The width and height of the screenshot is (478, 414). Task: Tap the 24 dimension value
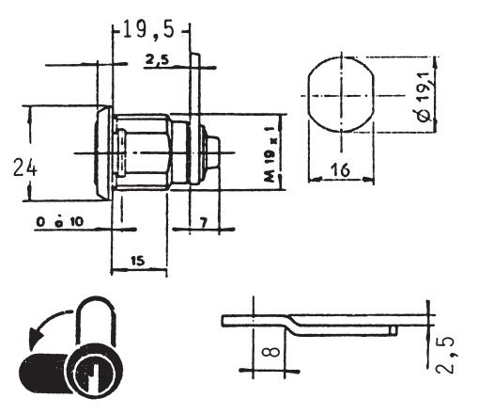tap(25, 167)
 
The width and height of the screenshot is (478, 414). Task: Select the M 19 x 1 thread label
tap(269, 154)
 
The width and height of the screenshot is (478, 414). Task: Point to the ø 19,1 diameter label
tap(424, 97)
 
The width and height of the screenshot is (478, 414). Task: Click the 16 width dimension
tap(340, 170)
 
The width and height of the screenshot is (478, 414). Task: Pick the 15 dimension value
tap(137, 261)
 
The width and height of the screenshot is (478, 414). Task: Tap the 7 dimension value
tap(204, 223)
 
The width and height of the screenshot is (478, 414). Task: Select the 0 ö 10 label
tap(60, 222)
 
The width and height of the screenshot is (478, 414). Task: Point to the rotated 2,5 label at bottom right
tap(445, 356)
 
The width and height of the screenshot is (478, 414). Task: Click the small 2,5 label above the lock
tap(157, 59)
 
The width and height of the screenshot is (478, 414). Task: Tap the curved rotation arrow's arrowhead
tap(35, 339)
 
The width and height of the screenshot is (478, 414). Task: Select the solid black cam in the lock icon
tap(44, 373)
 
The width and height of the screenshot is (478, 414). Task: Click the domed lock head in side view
tap(103, 152)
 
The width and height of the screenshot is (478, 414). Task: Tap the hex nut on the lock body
tap(144, 152)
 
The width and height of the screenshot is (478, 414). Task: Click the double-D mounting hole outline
tap(341, 94)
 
